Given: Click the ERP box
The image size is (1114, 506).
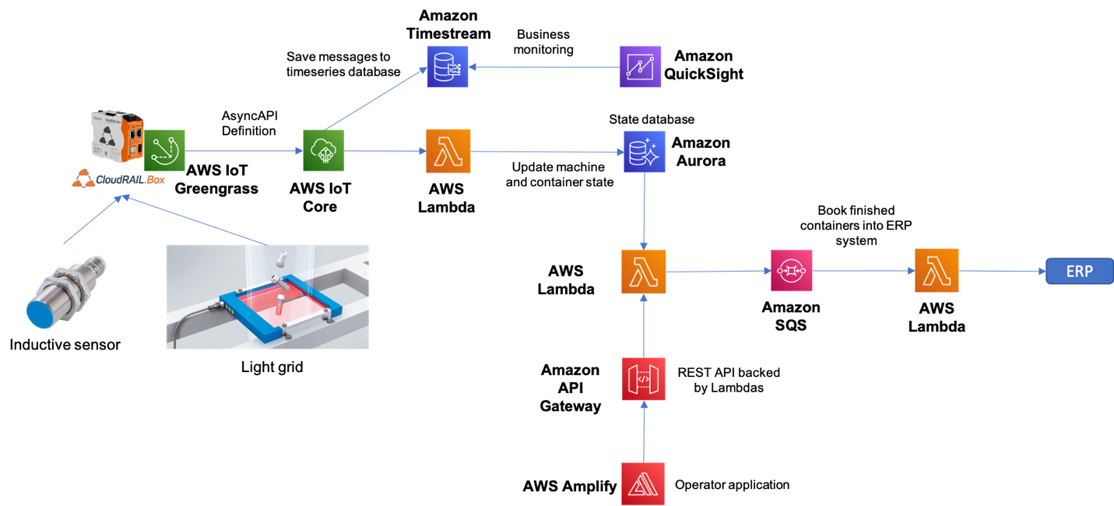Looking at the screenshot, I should [1079, 271].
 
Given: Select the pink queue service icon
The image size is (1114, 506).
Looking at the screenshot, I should [791, 271].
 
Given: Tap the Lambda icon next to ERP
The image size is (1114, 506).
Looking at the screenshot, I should [937, 271].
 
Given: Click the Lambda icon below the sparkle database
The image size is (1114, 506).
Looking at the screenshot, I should [644, 272].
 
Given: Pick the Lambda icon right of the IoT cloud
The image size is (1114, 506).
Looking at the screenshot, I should [448, 151].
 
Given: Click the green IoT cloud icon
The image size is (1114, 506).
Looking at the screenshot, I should [324, 151].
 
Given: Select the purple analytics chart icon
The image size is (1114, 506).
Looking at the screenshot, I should [640, 66].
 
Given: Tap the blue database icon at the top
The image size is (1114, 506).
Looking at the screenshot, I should [448, 66].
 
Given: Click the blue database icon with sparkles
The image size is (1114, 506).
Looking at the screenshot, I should [645, 152].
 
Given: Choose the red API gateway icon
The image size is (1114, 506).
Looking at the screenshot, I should [644, 379].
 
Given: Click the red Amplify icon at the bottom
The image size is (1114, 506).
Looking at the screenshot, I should [644, 483].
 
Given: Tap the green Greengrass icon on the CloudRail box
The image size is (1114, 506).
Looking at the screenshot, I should [164, 150].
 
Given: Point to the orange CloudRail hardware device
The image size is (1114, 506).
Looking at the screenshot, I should [117, 136].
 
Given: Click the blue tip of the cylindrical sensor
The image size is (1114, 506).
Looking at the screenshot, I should [39, 314].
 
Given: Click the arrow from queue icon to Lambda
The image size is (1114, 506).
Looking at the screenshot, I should [864, 271].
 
